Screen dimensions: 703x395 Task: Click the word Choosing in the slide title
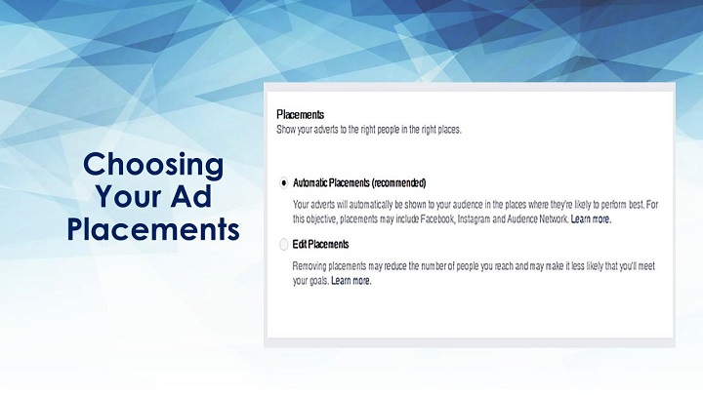click(x=153, y=166)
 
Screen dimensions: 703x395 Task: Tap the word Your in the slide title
click(x=128, y=196)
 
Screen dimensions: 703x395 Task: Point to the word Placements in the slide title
click(x=153, y=229)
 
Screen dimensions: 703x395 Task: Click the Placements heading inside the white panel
click(x=301, y=115)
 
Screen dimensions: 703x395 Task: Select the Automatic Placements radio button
click(x=284, y=182)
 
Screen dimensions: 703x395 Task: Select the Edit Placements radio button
click(x=284, y=245)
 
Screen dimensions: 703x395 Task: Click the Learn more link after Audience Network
click(x=591, y=219)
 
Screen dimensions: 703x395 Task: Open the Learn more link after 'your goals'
click(x=351, y=280)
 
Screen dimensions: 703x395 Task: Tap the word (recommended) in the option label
click(x=399, y=182)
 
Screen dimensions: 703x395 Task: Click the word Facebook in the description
click(x=437, y=219)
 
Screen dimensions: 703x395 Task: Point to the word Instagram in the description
click(x=474, y=219)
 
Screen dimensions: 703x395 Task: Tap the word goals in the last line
click(x=319, y=281)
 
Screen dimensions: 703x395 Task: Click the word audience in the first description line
click(x=468, y=205)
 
